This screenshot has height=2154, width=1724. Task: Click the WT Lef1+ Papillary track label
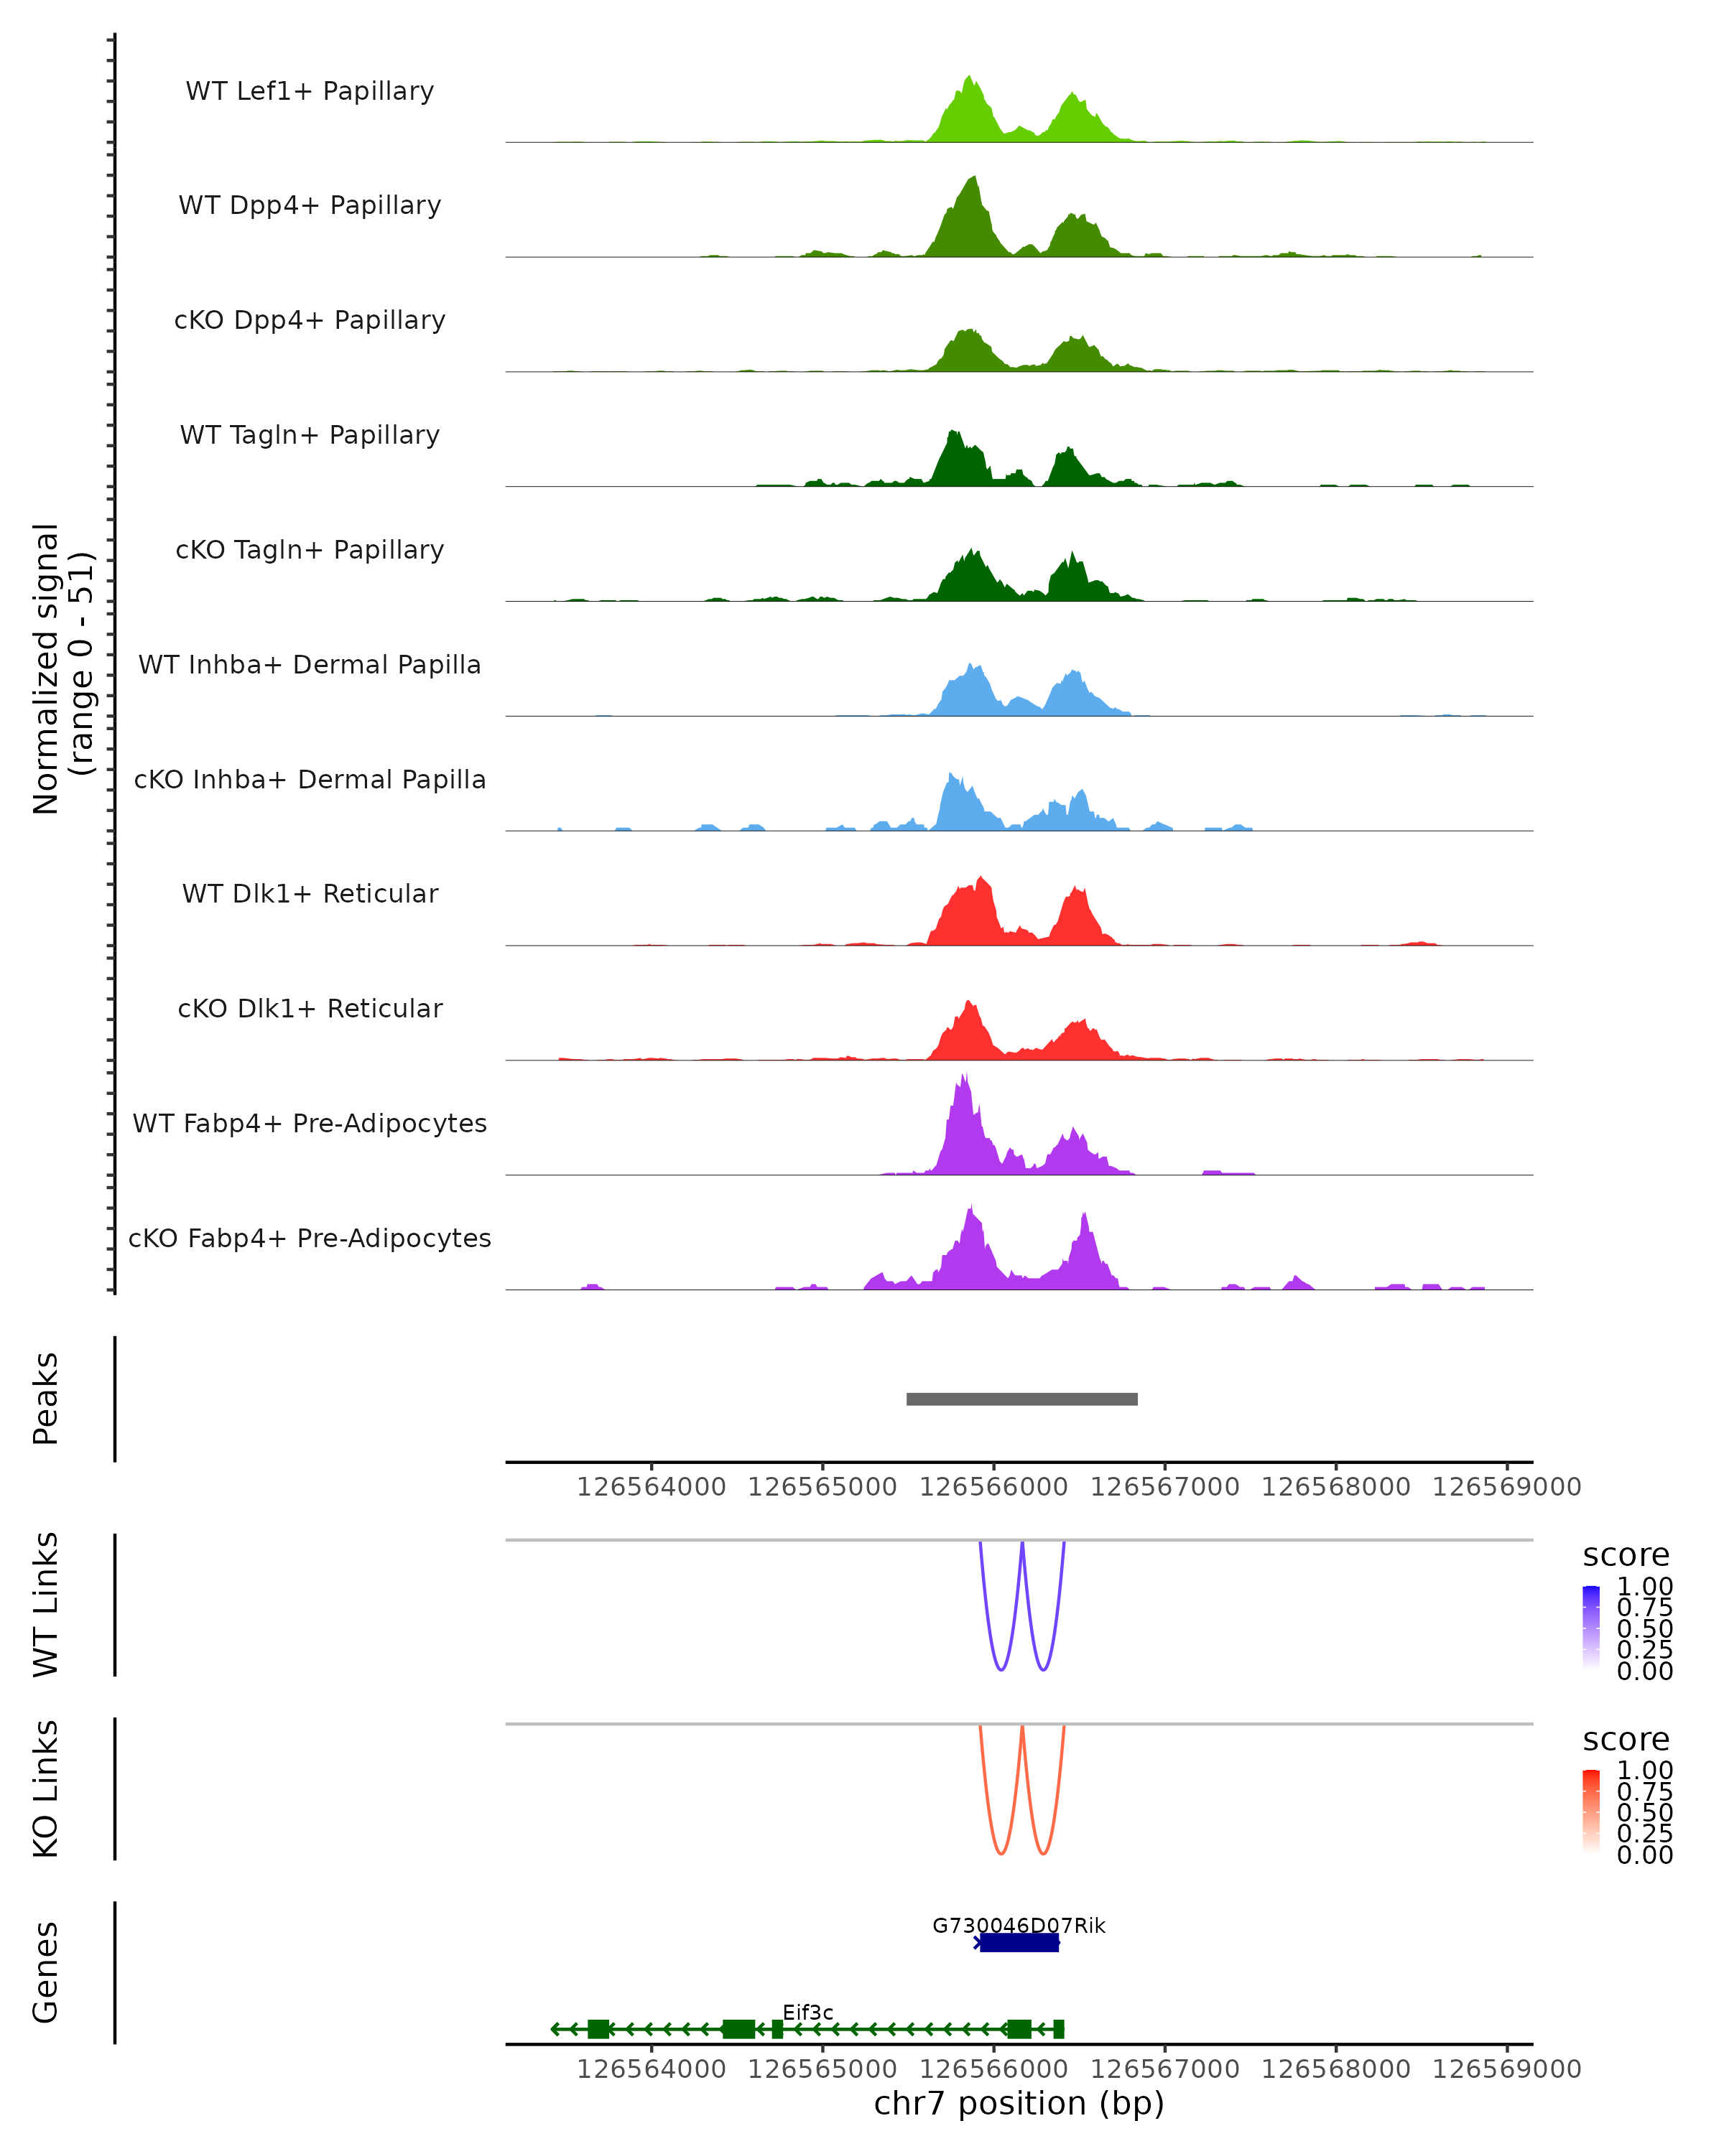tap(310, 91)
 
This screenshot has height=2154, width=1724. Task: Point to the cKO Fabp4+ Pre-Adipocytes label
tap(310, 1238)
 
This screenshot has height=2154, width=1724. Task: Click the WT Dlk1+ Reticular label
tap(310, 893)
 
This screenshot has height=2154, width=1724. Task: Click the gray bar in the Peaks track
tap(1021, 1399)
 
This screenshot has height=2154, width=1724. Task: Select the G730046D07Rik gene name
tap(1019, 1925)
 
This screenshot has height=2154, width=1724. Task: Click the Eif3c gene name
tap(807, 2012)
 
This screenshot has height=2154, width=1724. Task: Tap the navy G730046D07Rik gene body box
tap(1019, 1942)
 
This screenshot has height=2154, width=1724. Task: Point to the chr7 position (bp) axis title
tap(1019, 2103)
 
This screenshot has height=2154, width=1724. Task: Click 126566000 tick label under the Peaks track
tap(993, 1487)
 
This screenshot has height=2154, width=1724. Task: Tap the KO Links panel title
tap(46, 1789)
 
